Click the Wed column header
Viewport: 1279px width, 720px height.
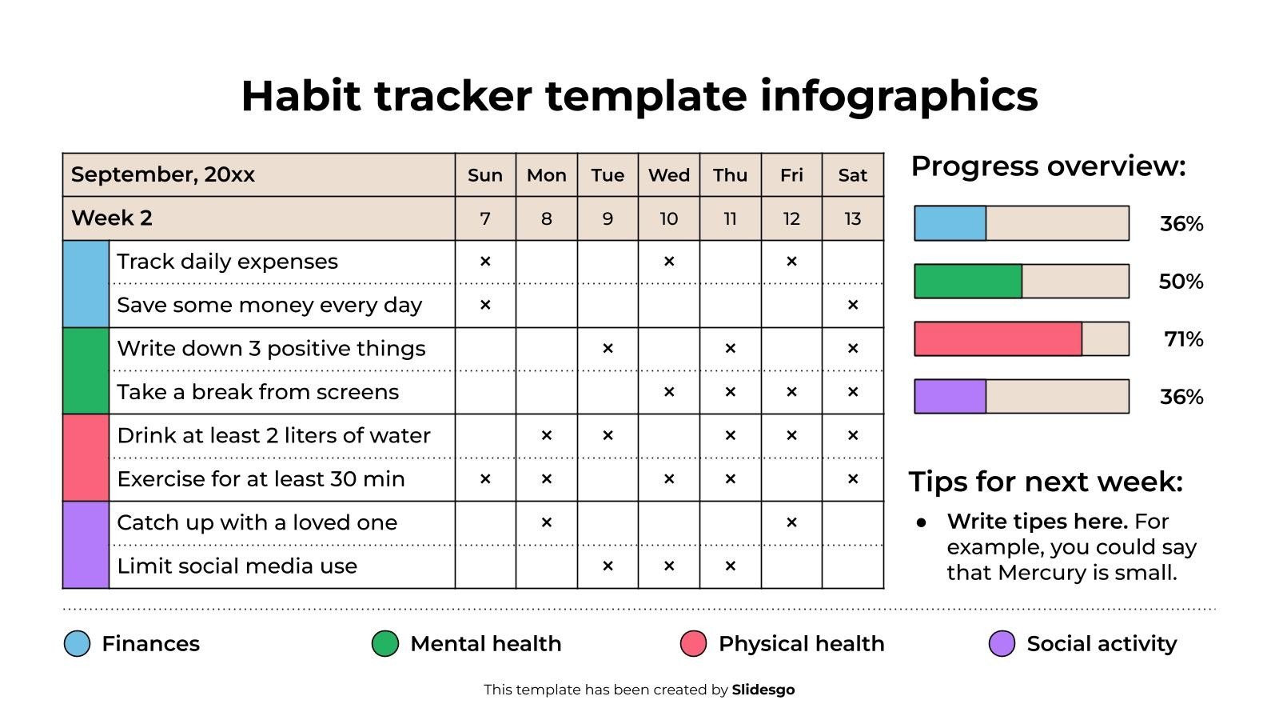pyautogui.click(x=668, y=175)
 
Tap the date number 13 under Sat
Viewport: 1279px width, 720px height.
pyautogui.click(x=852, y=218)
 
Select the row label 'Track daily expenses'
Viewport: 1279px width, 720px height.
pyautogui.click(x=227, y=262)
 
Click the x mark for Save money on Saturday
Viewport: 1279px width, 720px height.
pyautogui.click(x=852, y=305)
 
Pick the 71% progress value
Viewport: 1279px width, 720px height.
pyautogui.click(x=1183, y=339)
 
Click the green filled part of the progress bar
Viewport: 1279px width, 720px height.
pyautogui.click(x=967, y=282)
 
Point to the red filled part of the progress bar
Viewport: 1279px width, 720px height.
pyautogui.click(x=997, y=339)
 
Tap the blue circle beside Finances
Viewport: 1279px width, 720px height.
pyautogui.click(x=77, y=643)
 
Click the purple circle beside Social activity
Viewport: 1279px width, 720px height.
pyautogui.click(x=1002, y=643)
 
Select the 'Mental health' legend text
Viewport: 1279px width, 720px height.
pyautogui.click(x=485, y=643)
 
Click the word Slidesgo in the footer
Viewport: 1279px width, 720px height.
pyautogui.click(x=763, y=690)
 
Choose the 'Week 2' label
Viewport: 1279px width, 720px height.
pyautogui.click(x=111, y=218)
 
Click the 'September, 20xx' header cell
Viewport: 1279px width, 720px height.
pyautogui.click(x=162, y=175)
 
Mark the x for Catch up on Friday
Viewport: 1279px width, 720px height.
pyautogui.click(x=791, y=522)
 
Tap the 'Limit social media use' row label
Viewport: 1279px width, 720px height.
pyautogui.click(x=237, y=566)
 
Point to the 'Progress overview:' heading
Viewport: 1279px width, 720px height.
pyautogui.click(x=1047, y=166)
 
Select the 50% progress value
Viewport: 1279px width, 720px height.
pyautogui.click(x=1181, y=282)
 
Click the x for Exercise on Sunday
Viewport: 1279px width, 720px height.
pyautogui.click(x=484, y=479)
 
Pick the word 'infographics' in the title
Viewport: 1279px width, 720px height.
pyautogui.click(x=898, y=96)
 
